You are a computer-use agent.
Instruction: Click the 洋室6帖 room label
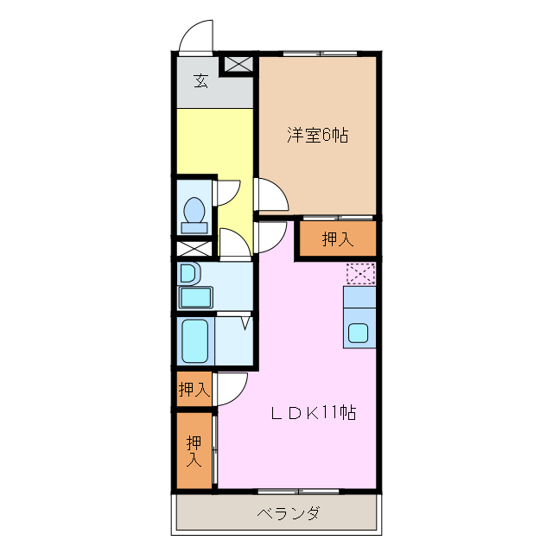pos(317,135)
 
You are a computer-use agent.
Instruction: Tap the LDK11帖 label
pos(314,412)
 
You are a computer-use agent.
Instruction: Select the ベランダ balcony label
pos(289,513)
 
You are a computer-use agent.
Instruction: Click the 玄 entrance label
pos(201,80)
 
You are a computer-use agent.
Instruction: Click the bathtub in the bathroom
pos(194,341)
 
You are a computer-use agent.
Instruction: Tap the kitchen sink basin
pos(359,334)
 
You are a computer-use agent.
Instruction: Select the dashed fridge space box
pos(360,274)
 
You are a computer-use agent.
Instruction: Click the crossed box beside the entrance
pos(238,64)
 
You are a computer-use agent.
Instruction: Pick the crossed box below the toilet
pos(194,249)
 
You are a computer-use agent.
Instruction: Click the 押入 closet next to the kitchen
pos(338,238)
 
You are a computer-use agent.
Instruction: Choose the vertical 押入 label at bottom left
pos(194,451)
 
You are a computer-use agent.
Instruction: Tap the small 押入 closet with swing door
pos(194,390)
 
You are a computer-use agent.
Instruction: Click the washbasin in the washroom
pos(190,273)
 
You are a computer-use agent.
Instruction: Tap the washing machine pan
pos(196,297)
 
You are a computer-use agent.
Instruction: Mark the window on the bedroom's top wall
pos(321,54)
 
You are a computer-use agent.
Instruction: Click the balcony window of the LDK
pos(298,492)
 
